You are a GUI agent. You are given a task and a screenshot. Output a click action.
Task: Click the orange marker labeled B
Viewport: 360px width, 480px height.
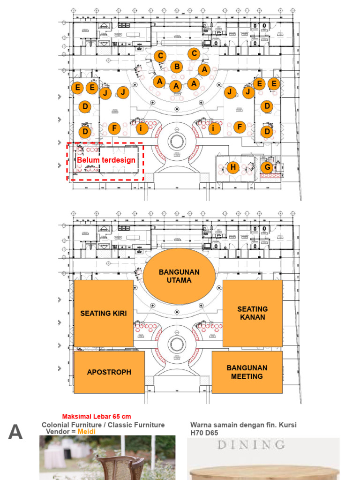[x=177, y=67]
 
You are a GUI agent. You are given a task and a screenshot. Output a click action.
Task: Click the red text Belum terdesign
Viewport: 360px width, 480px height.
[x=106, y=160]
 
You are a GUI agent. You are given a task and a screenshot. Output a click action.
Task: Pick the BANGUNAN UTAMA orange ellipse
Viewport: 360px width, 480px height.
[x=179, y=276]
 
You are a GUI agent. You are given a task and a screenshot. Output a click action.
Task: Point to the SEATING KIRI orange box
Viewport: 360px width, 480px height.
[x=104, y=313]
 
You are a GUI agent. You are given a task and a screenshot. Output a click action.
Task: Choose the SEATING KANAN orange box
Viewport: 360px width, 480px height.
[x=252, y=313]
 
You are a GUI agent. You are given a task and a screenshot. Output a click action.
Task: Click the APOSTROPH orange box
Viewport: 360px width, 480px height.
[x=109, y=372]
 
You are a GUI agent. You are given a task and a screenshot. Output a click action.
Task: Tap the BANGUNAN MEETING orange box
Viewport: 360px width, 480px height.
[x=247, y=372]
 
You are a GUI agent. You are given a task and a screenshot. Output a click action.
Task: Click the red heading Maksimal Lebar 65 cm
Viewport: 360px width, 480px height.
[x=97, y=416]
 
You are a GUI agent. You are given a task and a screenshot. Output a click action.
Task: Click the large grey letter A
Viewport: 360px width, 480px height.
[x=15, y=432]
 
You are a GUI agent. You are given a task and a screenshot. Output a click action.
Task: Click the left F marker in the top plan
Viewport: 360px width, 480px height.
[x=114, y=128]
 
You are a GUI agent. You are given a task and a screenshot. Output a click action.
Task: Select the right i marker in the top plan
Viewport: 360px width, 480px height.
[x=214, y=128]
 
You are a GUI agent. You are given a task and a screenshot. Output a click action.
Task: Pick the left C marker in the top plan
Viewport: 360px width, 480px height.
[x=160, y=56]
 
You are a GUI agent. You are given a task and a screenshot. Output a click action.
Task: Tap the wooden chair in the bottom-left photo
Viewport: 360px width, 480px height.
[x=122, y=467]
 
